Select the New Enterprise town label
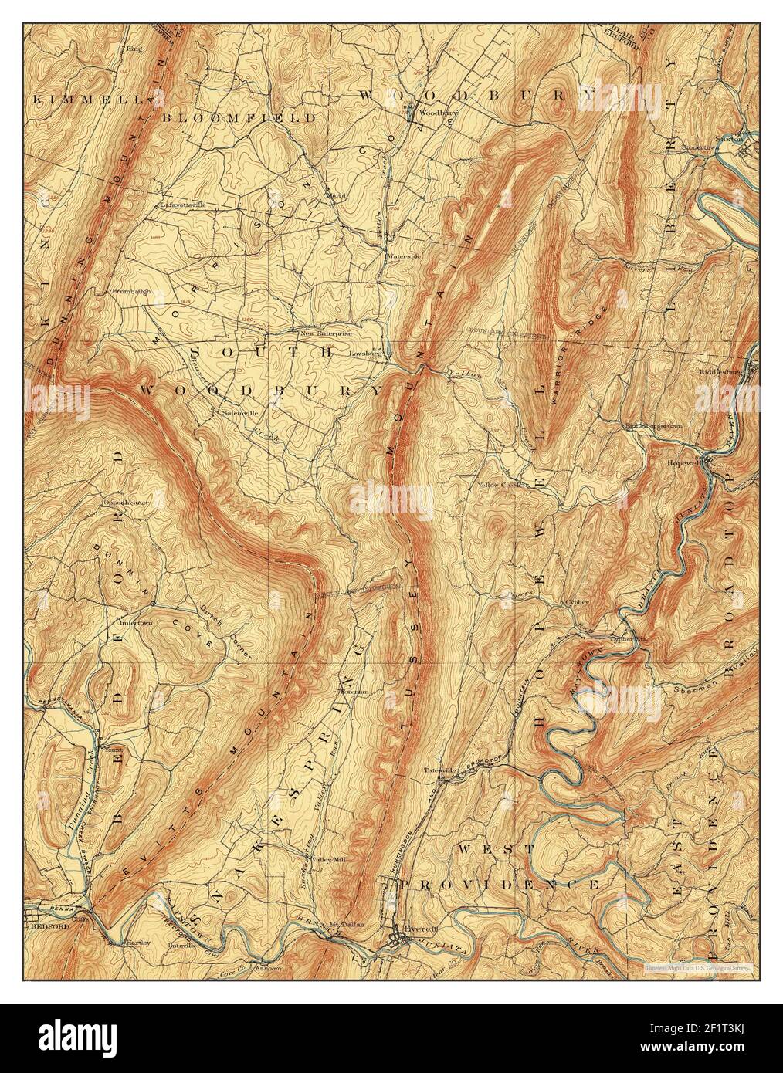326,333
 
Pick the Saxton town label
730,139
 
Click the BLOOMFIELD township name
239,118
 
